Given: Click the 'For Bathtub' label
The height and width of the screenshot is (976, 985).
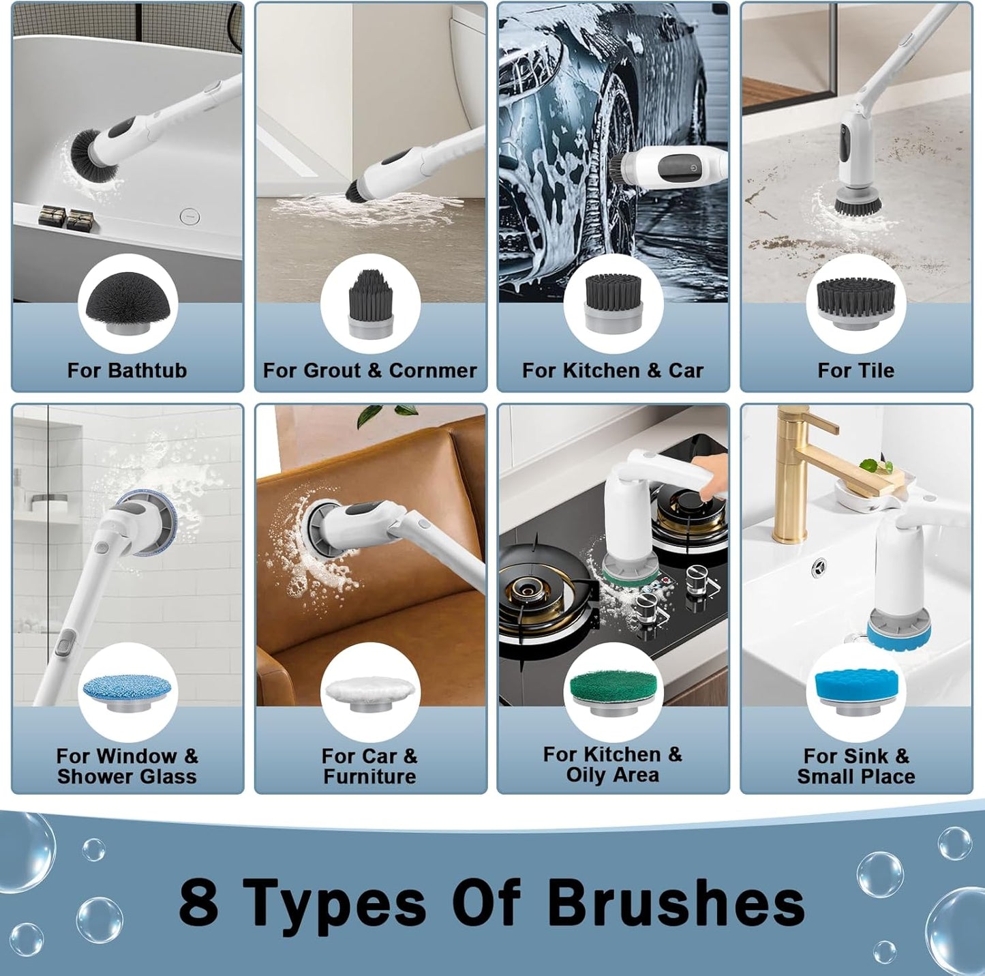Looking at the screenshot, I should tap(127, 370).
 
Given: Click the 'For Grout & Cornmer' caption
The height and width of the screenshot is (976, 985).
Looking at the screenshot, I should tap(370, 370).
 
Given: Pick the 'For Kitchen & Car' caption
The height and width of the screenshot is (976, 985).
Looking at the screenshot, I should tap(612, 370).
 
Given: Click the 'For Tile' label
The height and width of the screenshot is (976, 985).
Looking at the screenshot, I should tap(855, 370).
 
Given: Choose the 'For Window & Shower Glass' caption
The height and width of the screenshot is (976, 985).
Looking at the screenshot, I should tap(127, 766).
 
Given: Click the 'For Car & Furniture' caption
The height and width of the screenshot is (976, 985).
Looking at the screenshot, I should tap(369, 766).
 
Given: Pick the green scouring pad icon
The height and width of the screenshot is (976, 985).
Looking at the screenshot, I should tap(613, 691).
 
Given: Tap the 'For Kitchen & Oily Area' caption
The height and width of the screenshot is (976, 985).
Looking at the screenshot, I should tap(612, 765).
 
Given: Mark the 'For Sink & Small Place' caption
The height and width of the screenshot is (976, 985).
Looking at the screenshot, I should tap(856, 766).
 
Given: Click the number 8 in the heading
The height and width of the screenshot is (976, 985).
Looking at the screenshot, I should tap(198, 901).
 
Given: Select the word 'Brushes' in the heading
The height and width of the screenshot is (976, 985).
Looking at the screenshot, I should tap(676, 901).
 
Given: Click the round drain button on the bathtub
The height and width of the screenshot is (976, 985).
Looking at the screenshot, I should tap(190, 216).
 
